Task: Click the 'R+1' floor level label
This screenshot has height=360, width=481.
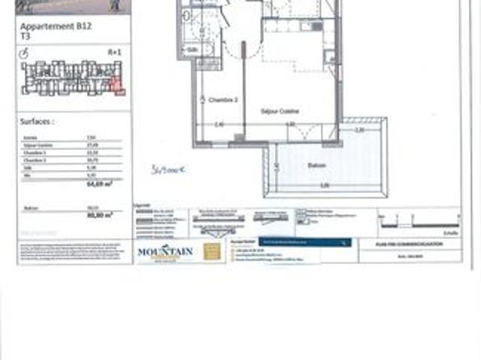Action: [113, 53]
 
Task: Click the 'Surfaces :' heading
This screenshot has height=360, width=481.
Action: [37, 119]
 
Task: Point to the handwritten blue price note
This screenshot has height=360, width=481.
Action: [168, 169]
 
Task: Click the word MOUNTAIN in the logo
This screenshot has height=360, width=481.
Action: [165, 251]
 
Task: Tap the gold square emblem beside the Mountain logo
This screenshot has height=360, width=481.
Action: [213, 252]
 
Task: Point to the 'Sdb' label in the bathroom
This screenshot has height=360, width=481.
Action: [192, 50]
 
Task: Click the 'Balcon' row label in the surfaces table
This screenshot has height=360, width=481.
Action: [29, 207]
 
